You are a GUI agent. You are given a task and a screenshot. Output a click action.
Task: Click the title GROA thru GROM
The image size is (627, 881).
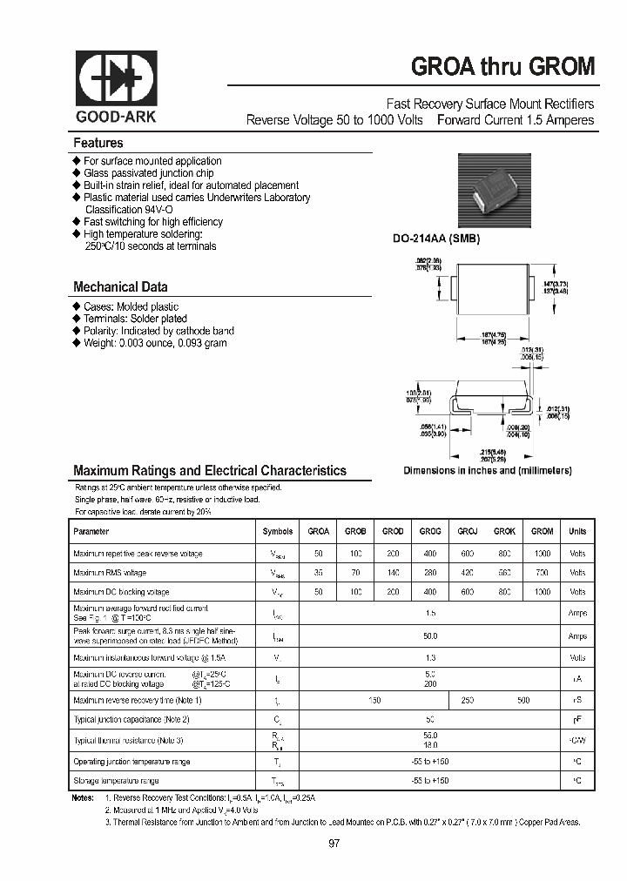(502, 68)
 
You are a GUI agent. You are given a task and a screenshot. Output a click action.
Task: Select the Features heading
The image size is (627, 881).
(98, 143)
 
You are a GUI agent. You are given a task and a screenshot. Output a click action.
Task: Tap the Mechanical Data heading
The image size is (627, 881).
(120, 286)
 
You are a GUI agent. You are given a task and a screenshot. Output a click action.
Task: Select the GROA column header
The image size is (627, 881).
(319, 531)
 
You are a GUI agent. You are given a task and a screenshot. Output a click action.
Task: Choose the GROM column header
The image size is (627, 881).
(542, 531)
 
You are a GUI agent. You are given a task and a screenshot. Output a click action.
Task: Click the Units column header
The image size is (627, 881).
(577, 531)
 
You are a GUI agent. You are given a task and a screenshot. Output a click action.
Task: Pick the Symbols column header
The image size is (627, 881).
(278, 531)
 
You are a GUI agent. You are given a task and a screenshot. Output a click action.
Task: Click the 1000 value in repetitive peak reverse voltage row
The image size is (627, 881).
(542, 552)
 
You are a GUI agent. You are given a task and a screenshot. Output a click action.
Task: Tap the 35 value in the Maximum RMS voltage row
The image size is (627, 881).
(319, 573)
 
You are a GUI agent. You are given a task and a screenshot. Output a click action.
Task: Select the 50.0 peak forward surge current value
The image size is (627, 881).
(430, 636)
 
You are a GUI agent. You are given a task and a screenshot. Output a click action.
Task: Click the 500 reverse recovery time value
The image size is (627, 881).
(522, 700)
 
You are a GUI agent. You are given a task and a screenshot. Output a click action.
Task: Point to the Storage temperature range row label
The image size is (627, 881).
(116, 781)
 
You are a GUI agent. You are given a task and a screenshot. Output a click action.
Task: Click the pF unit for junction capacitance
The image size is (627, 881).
(577, 720)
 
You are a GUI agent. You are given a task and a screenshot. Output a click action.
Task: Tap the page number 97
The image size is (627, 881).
(334, 843)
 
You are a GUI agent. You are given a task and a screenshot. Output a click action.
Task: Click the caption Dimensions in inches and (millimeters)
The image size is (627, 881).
(487, 470)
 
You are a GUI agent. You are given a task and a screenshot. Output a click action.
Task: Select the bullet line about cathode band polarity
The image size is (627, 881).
(158, 331)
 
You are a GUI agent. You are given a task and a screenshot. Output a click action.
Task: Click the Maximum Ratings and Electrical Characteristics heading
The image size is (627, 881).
(209, 470)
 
